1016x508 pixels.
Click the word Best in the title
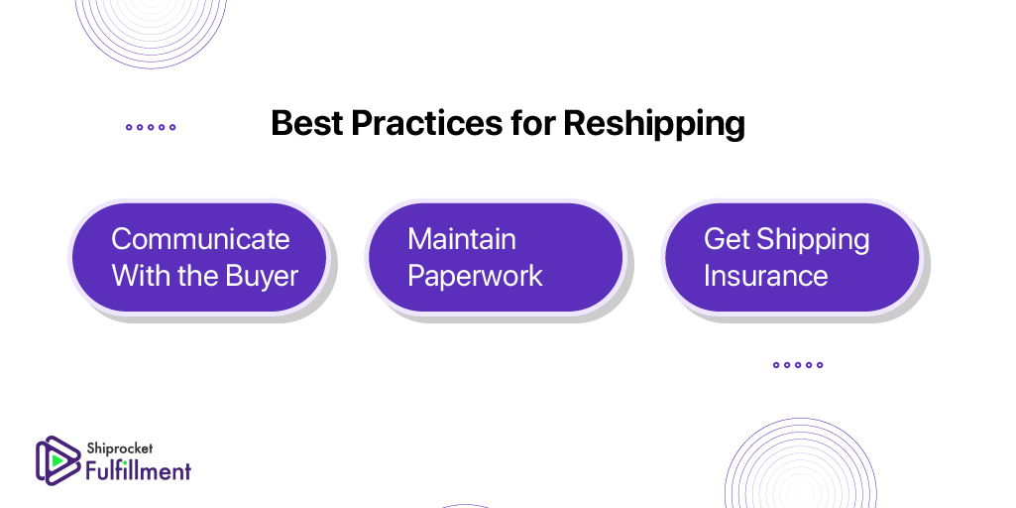click(306, 123)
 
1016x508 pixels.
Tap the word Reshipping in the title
click(654, 124)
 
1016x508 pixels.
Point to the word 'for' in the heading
click(532, 123)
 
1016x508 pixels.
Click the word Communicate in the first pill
click(200, 239)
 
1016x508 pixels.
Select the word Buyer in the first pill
click(262, 277)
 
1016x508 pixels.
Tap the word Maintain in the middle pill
click(462, 239)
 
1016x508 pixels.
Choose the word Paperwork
click(475, 277)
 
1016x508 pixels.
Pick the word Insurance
click(766, 276)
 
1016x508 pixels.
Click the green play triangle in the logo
click(57, 460)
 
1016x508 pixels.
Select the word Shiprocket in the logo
click(120, 448)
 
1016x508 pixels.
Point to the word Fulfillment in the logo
click(139, 470)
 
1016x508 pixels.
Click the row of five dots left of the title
click(151, 127)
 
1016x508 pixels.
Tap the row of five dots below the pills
click(798, 364)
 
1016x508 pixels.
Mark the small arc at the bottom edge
click(465, 505)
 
